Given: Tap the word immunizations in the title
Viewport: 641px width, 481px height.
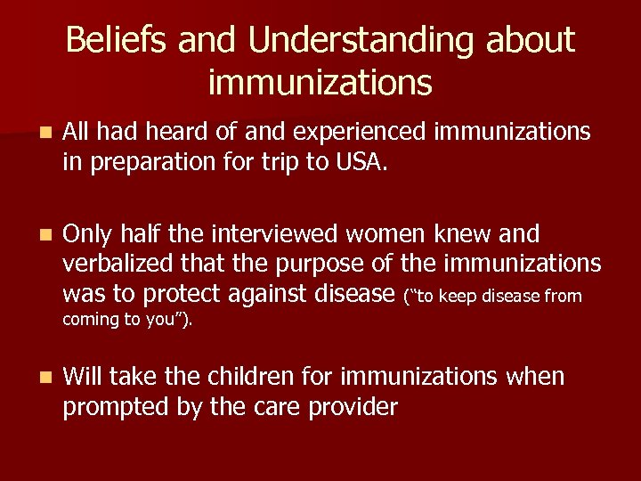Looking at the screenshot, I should [x=320, y=83].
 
